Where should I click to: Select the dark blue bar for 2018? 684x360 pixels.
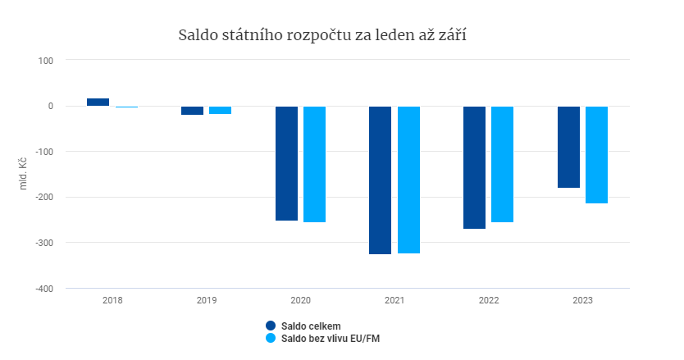click(98, 102)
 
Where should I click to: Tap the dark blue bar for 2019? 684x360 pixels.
click(192, 111)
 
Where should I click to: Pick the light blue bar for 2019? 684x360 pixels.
click(220, 110)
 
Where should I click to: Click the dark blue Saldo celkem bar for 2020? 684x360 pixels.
click(286, 163)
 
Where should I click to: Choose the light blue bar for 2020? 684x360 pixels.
click(314, 164)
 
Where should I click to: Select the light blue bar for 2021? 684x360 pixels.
click(408, 180)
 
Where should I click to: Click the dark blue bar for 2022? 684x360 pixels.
click(474, 167)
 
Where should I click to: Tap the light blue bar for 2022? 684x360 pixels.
click(502, 164)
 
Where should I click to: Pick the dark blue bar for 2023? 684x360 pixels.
click(568, 147)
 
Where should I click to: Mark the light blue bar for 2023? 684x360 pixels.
click(596, 154)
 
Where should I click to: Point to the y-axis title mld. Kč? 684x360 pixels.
click(24, 173)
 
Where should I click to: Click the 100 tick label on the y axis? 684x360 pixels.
click(46, 60)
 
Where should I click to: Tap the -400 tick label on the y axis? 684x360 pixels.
click(43, 289)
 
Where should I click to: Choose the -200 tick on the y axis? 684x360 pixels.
click(43, 198)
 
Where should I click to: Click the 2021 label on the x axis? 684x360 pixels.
click(394, 301)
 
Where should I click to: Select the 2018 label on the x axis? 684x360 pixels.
click(112, 301)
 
